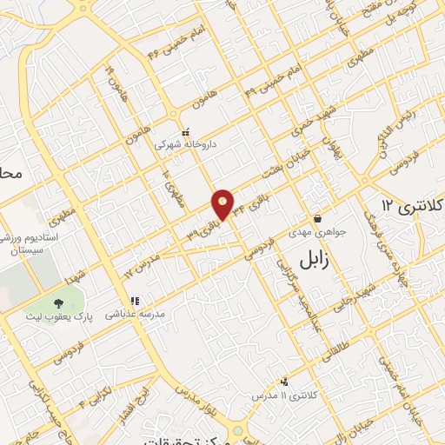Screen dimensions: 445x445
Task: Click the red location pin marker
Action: click(x=223, y=203)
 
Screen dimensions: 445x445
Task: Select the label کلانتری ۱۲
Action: click(x=412, y=207)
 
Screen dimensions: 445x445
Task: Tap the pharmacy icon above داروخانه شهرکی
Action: click(x=184, y=131)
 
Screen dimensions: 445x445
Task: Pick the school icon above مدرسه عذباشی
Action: click(x=135, y=302)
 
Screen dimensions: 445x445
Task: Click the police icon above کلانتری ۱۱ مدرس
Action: click(x=285, y=382)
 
